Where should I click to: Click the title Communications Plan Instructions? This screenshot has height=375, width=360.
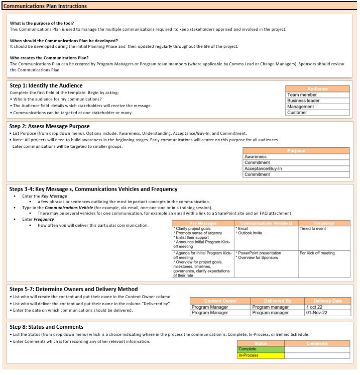click(x=45, y=6)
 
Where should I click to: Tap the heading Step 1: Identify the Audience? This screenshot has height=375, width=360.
click(x=46, y=85)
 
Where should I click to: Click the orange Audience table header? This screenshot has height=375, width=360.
click(x=317, y=88)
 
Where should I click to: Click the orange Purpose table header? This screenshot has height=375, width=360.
click(x=296, y=151)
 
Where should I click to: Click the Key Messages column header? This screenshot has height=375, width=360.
click(x=203, y=223)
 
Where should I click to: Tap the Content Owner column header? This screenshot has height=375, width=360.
click(x=220, y=301)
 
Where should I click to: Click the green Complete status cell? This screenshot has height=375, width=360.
click(x=261, y=349)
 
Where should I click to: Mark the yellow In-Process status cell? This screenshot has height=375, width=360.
click(x=261, y=355)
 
